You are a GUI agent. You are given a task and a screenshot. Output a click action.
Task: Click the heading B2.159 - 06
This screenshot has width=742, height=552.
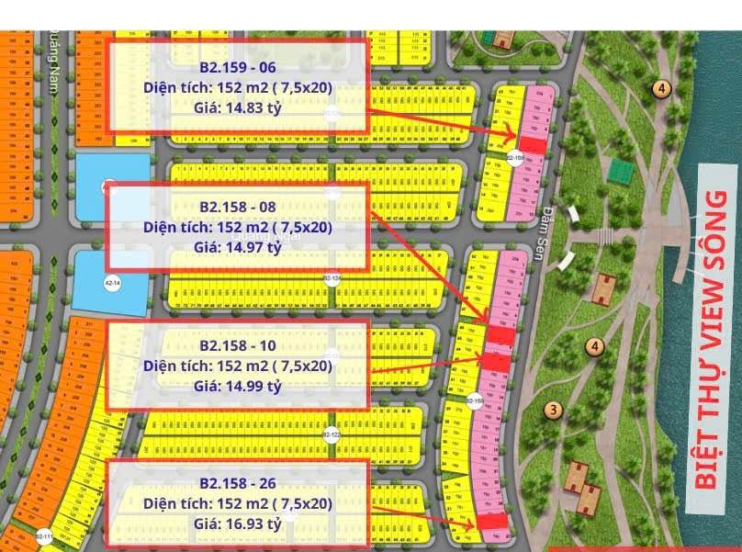point(238,68)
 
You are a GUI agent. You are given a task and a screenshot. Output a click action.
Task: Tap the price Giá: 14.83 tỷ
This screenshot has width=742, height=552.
point(238,108)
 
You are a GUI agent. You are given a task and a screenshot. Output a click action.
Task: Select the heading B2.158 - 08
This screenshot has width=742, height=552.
point(238,207)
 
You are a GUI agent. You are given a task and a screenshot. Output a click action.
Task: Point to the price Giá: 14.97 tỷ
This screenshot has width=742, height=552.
point(238,247)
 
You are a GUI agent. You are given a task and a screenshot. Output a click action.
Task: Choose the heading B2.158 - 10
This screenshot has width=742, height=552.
point(238,345)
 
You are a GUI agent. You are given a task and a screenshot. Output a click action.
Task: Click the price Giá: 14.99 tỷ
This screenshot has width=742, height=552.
point(238,386)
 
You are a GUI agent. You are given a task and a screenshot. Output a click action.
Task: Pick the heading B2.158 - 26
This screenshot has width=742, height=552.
point(238,483)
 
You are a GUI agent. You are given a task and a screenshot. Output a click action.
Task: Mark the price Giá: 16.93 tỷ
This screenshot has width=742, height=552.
point(238,524)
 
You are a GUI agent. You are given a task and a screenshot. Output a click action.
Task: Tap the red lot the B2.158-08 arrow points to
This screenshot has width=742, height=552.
point(500,336)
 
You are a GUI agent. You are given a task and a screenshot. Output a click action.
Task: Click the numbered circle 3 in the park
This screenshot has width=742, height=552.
point(552,411)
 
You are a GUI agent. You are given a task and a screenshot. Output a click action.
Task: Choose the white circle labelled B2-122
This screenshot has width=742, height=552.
point(331,434)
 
